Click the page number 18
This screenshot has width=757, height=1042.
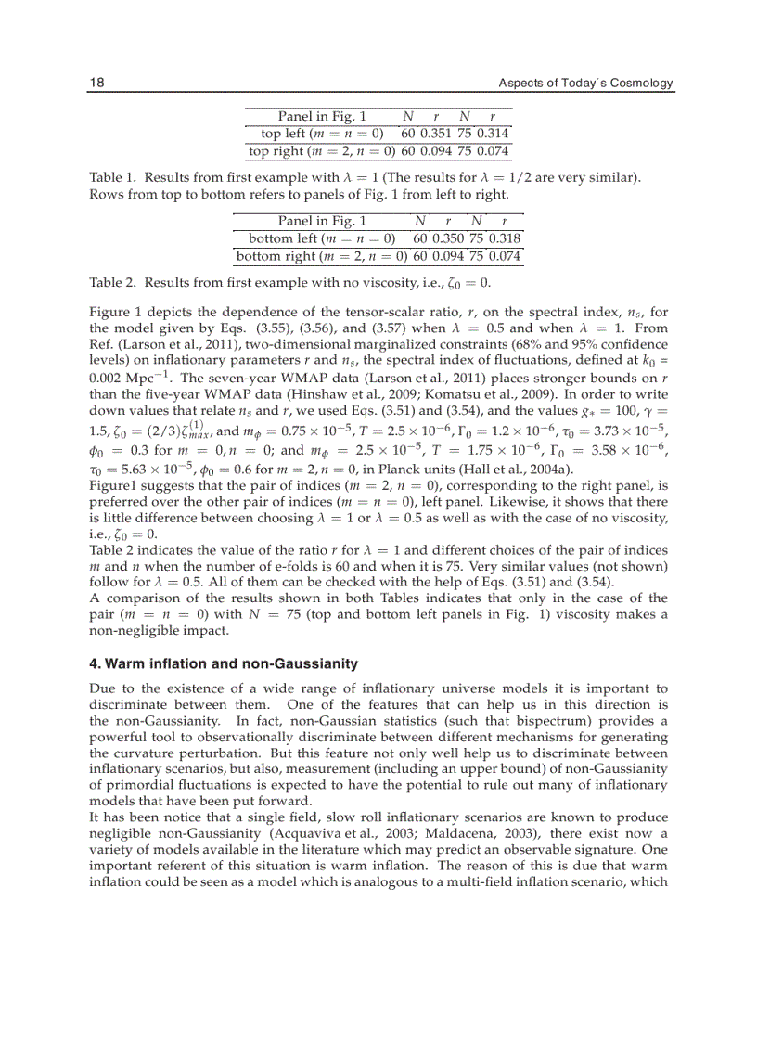(96, 84)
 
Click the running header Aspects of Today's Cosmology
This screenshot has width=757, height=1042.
(585, 84)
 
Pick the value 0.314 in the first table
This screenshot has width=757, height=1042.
(493, 134)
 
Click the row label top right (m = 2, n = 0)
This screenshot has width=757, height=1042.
(323, 151)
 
